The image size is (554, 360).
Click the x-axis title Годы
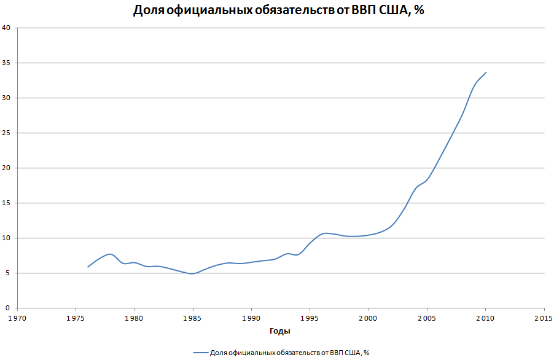[x=280, y=331]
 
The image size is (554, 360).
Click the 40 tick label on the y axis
[x=6, y=28]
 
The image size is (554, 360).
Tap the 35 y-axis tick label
[x=6, y=63]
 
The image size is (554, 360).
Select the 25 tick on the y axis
[x=6, y=133]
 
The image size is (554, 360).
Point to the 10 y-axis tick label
[x=6, y=238]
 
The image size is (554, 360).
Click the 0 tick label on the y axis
[x=8, y=308]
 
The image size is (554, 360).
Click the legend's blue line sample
[x=200, y=353]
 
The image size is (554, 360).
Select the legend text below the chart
[x=289, y=353]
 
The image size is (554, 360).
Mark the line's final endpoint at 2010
[x=486, y=72]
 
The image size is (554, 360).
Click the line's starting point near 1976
[x=88, y=267]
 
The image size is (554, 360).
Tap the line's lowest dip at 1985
[x=193, y=273]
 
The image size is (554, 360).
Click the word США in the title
[x=391, y=10]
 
